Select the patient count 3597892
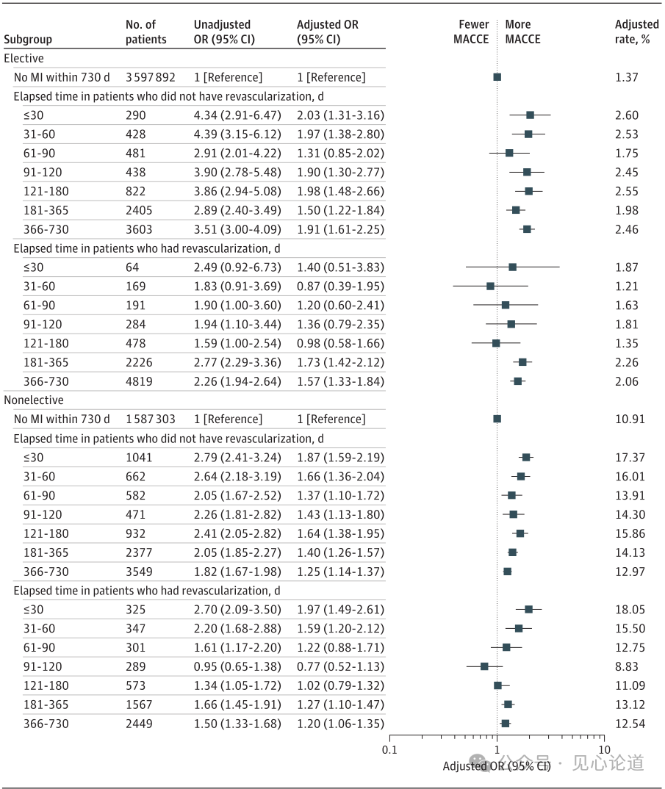click(150, 77)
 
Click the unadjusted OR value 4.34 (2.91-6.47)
click(237, 115)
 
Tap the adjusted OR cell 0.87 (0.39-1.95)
click(340, 287)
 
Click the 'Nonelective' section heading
click(34, 400)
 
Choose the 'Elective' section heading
click(24, 58)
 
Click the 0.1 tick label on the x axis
click(389, 749)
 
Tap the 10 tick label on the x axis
click(604, 749)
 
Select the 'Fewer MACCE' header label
click(471, 32)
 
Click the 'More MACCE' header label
click(522, 32)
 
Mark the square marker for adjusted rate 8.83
click(484, 666)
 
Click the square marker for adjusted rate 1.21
click(490, 287)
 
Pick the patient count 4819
click(140, 381)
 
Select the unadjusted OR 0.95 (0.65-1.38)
click(237, 666)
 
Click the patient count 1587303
click(150, 419)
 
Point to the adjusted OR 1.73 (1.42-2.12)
click(340, 362)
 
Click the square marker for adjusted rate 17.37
click(526, 457)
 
